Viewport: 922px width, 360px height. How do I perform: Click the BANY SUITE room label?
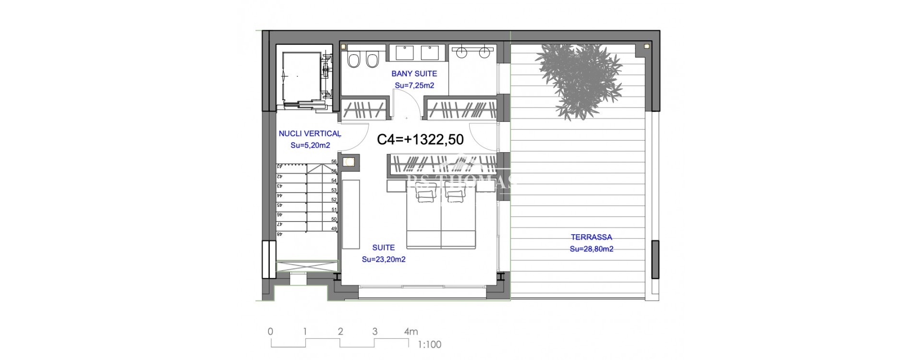[414, 73]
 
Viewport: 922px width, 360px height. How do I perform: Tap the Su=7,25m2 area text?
[414, 85]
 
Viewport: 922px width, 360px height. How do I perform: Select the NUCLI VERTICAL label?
[310, 133]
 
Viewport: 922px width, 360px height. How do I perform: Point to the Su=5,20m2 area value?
[310, 145]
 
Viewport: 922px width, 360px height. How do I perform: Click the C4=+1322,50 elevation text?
[420, 140]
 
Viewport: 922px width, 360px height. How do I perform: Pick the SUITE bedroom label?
[383, 248]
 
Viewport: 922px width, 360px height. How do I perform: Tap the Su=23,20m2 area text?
[383, 259]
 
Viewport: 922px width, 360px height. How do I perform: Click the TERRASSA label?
[591, 237]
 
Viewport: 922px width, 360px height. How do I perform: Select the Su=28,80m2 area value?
[591, 249]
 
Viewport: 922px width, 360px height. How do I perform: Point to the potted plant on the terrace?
[579, 79]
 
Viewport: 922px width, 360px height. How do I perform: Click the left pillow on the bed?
[423, 194]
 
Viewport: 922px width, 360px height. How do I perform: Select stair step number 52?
[334, 200]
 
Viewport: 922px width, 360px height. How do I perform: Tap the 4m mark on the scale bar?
[411, 332]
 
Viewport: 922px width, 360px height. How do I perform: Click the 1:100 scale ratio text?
[429, 345]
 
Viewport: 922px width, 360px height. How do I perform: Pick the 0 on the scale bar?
[270, 332]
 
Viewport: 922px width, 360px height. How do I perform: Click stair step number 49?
[334, 229]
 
